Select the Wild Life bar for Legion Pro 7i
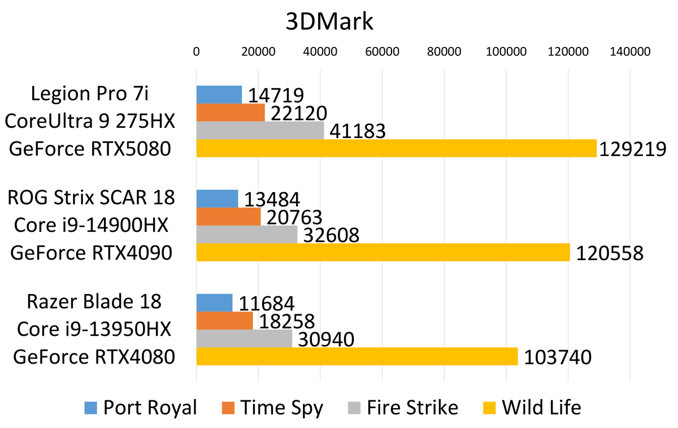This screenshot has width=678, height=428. point(396,149)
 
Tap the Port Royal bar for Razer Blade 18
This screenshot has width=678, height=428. point(214,303)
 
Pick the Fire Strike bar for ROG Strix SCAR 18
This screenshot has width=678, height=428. point(246,234)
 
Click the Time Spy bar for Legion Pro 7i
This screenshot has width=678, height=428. point(231,113)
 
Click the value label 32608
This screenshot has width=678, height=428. point(331,235)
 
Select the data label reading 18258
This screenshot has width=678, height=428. point(286,322)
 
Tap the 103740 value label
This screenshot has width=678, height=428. point(557,358)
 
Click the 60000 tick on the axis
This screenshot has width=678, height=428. point(383,51)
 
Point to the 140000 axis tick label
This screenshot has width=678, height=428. point(630,51)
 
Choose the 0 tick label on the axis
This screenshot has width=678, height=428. point(196,51)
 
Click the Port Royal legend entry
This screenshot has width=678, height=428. point(141,408)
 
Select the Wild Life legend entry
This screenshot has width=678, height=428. point(534,408)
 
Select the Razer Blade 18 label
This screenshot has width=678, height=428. point(94,301)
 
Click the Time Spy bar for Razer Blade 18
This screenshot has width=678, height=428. point(224,321)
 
